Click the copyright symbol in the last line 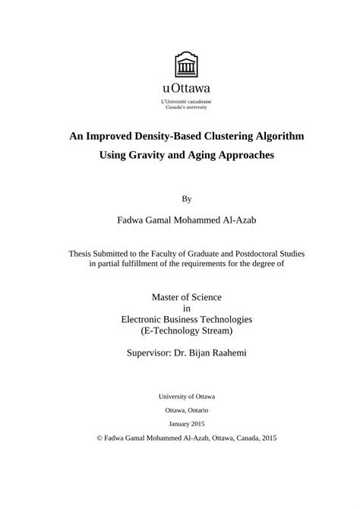click(100, 438)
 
